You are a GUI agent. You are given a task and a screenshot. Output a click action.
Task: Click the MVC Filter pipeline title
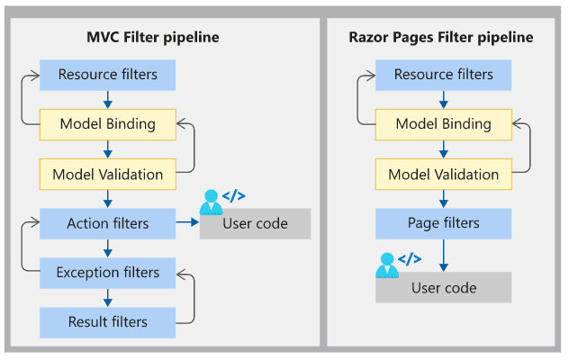153,38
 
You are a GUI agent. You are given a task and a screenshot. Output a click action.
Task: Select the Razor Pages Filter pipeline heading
441,38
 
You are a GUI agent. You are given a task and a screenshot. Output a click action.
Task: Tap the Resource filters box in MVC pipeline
108,75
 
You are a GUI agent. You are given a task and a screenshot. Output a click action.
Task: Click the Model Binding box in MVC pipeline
108,124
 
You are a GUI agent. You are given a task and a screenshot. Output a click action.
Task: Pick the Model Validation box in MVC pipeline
108,175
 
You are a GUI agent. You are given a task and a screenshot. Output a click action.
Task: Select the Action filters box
108,223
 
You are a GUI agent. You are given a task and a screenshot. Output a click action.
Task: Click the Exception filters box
108,273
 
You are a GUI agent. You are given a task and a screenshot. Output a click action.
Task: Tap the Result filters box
108,322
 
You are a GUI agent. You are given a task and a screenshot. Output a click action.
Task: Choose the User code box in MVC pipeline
255,223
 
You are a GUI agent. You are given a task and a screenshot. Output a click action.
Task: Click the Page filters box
444,223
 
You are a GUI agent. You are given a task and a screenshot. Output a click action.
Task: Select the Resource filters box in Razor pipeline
444,75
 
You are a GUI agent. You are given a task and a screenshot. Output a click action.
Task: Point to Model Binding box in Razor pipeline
444,124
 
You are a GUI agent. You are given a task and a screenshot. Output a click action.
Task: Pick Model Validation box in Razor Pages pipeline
444,175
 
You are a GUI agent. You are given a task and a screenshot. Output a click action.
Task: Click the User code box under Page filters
444,287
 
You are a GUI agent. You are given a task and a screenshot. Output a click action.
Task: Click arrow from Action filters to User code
187,222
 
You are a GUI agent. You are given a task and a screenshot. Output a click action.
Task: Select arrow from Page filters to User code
444,256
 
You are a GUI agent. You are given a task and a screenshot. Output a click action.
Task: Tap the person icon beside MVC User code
211,202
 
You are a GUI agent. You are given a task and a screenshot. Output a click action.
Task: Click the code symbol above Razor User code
410,259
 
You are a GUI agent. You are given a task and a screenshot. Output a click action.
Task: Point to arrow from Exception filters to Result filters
108,298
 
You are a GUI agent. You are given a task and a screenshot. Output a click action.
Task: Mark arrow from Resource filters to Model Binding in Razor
444,100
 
